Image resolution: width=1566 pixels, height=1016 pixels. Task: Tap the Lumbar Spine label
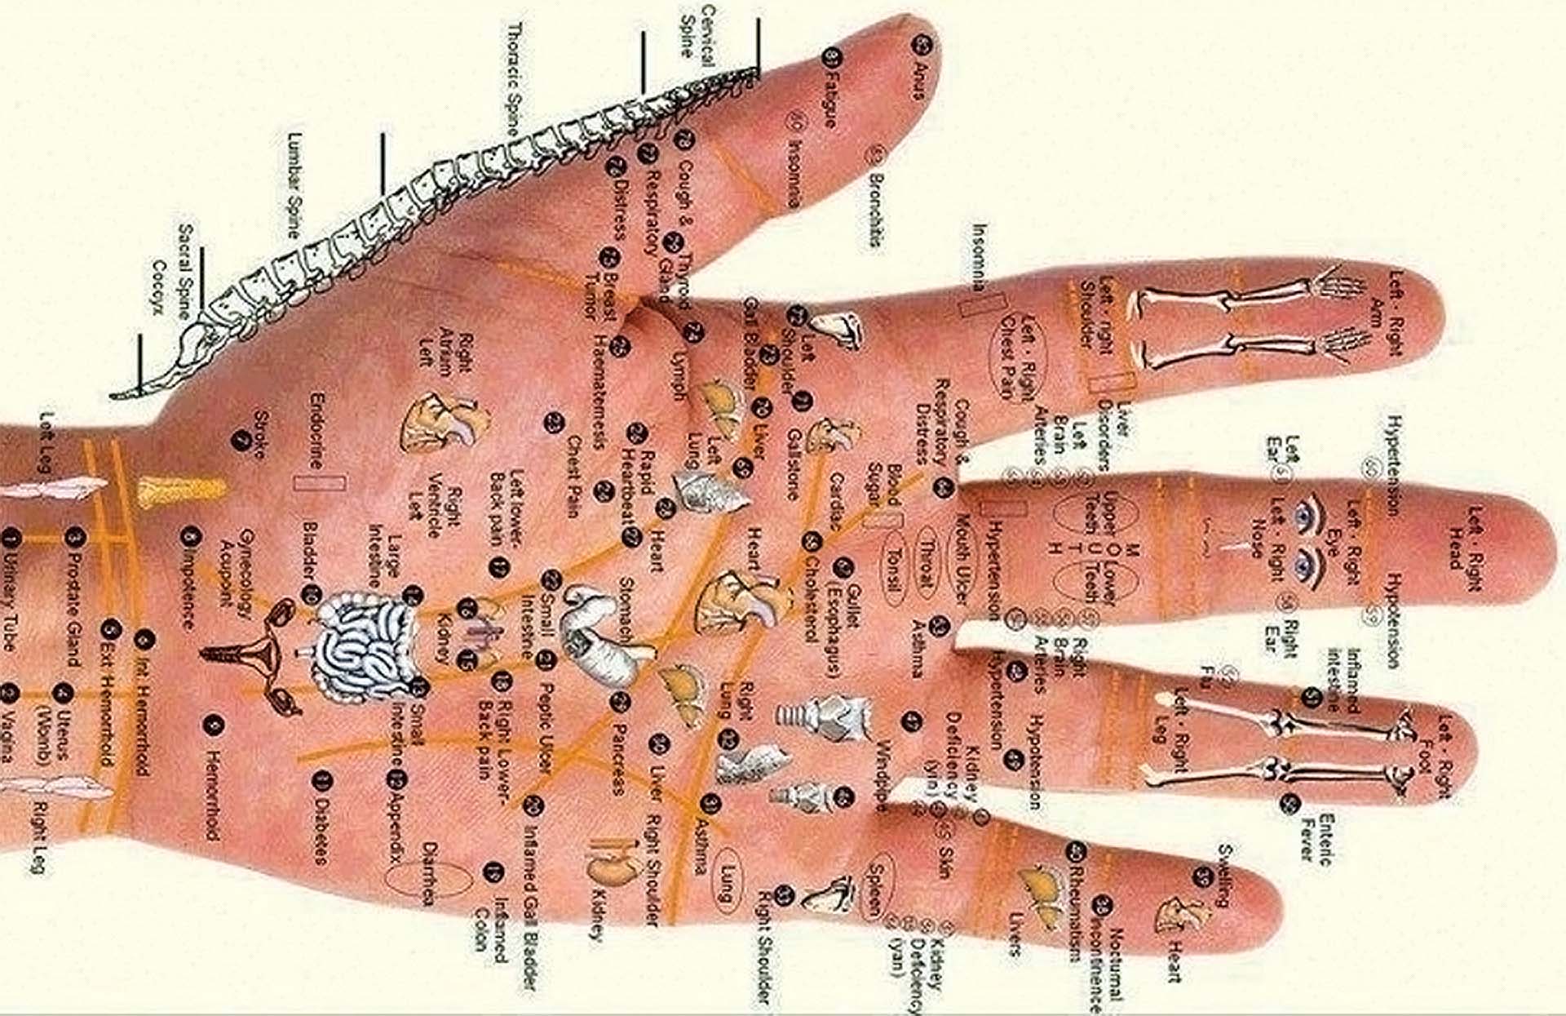294,185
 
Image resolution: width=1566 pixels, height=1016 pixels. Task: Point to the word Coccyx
160,287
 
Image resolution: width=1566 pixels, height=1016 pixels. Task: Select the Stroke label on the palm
261,435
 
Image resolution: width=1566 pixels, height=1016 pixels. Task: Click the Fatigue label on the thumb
830,98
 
